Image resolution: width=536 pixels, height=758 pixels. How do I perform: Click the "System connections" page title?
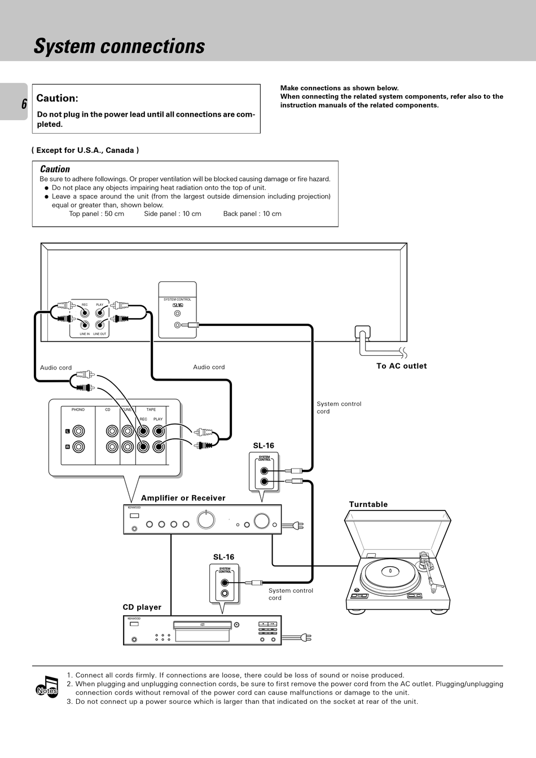[119, 46]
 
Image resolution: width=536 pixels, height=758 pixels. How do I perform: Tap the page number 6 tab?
[24, 104]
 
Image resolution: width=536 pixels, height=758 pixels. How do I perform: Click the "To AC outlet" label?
[401, 366]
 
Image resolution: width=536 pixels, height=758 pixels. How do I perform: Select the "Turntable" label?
[368, 505]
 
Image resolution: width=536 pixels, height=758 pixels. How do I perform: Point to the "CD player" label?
[142, 607]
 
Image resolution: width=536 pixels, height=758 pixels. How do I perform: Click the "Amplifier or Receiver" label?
[183, 498]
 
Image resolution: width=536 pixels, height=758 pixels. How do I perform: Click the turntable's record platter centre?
[390, 571]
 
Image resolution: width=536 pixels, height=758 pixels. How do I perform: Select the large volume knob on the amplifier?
[262, 521]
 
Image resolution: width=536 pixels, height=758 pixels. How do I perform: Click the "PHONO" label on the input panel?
[78, 410]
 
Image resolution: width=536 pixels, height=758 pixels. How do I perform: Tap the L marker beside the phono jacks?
[68, 431]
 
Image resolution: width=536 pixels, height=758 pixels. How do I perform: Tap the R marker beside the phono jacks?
[68, 447]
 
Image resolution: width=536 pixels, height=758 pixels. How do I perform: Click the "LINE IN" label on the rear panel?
[85, 334]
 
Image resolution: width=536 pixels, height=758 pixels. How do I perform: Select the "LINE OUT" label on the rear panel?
[100, 334]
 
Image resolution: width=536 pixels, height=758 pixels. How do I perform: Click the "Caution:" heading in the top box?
[57, 98]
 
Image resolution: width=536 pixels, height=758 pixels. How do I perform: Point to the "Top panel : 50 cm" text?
[96, 214]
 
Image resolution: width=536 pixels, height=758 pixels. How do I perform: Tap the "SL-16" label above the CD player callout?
[223, 557]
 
